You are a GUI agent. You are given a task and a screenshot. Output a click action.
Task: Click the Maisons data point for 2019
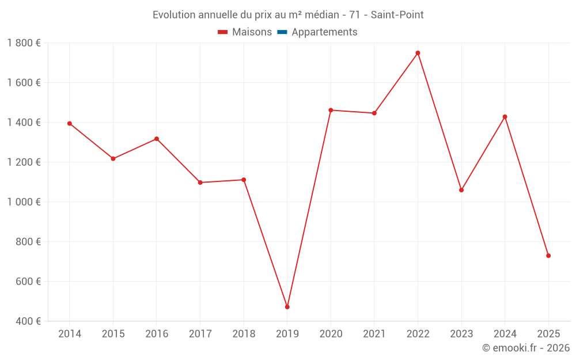coord(287,307)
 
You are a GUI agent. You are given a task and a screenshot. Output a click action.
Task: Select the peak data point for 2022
coord(418,53)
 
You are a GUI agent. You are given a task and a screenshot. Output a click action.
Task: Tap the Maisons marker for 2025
coord(548,256)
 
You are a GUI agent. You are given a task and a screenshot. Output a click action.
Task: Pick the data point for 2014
coord(70,123)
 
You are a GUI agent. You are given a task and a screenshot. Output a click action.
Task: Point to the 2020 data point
coord(331,110)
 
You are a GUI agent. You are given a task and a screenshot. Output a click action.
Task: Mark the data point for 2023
coord(461,190)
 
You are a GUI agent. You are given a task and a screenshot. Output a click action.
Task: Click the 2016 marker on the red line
coord(157,139)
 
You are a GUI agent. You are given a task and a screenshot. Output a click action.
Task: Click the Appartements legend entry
coord(324,32)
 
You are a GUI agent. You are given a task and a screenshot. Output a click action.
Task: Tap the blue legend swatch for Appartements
coord(282,32)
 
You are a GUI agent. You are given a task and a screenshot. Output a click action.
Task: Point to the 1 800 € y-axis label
coord(24,43)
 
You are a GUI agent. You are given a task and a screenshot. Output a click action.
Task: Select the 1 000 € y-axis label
coord(24,202)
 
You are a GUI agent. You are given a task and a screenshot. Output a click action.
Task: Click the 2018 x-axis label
coord(244,334)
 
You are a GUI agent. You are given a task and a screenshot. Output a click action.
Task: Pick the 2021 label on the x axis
coord(374,334)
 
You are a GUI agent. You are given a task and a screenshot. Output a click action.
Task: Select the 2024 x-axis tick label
coord(505,334)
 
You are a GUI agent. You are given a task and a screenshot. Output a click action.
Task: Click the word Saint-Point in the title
coord(397,15)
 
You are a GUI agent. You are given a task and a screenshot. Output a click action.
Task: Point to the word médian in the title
coord(322,15)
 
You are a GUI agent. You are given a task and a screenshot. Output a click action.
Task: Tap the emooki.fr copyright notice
coord(526,348)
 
